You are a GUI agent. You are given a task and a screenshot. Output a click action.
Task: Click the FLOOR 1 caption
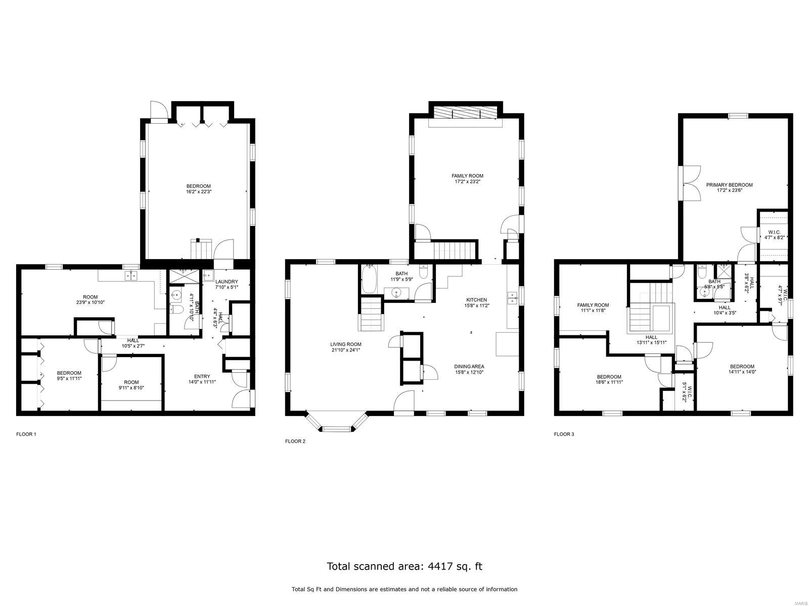tap(26, 434)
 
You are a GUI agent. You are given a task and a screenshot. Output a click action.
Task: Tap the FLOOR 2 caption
tap(295, 441)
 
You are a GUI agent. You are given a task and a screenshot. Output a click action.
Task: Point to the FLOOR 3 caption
tap(564, 434)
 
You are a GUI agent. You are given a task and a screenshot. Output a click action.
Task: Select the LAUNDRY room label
tap(227, 282)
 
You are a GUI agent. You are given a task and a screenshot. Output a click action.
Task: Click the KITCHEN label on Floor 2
tap(477, 300)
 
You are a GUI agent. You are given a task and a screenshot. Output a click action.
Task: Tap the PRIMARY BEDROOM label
tap(730, 185)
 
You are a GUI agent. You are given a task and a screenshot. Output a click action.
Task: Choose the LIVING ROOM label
tap(346, 344)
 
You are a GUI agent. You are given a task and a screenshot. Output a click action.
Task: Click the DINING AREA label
tap(469, 367)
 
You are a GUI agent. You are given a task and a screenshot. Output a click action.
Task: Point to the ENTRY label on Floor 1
tap(202, 376)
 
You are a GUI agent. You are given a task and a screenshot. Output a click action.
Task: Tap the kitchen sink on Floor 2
tap(513, 297)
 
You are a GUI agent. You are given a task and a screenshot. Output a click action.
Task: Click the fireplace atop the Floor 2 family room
tap(466, 113)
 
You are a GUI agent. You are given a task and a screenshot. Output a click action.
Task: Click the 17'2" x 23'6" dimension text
tap(730, 190)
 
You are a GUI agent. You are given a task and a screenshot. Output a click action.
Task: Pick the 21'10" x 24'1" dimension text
tap(346, 350)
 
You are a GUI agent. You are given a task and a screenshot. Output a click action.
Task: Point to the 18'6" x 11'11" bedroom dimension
tap(609, 382)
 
